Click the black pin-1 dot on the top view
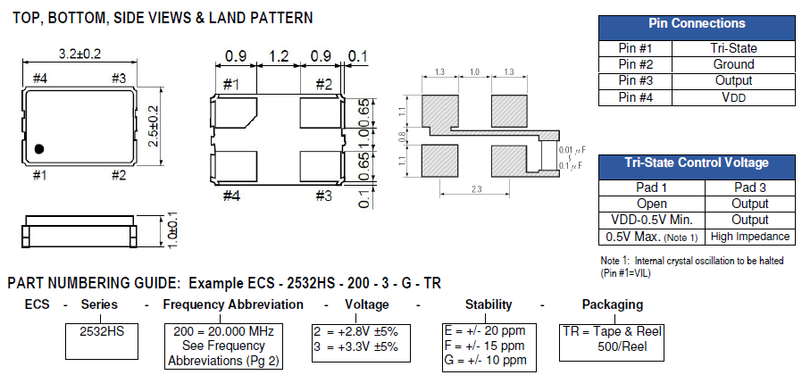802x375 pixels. pyautogui.click(x=40, y=147)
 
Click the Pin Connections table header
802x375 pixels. pyautogui.click(x=697, y=24)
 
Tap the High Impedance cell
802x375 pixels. pyautogui.click(x=749, y=237)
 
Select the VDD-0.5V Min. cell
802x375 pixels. pyautogui.click(x=651, y=220)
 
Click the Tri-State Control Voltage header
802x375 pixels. pyautogui.click(x=697, y=162)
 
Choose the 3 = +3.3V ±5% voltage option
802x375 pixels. pyautogui.click(x=355, y=346)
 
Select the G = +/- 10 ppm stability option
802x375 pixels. pyautogui.click(x=487, y=361)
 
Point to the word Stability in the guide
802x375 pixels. pyautogui.click(x=489, y=304)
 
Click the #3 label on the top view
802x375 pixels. pyautogui.click(x=119, y=78)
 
